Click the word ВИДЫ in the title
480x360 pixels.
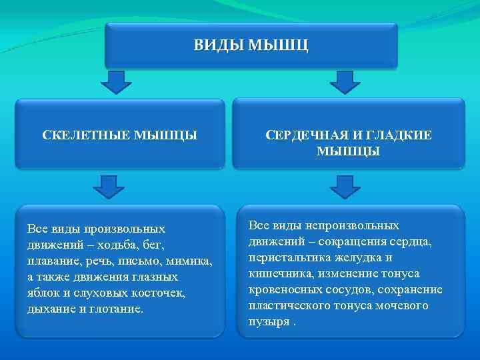pyautogui.click(x=218, y=46)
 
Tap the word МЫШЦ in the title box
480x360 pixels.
pyautogui.click(x=278, y=46)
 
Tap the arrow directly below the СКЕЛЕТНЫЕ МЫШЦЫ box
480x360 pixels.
pyautogui.click(x=109, y=187)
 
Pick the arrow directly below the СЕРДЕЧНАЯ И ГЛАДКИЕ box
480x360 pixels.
pyautogui.click(x=345, y=187)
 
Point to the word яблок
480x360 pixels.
pyautogui.click(x=43, y=293)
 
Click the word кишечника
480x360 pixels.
pyautogui.click(x=275, y=273)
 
